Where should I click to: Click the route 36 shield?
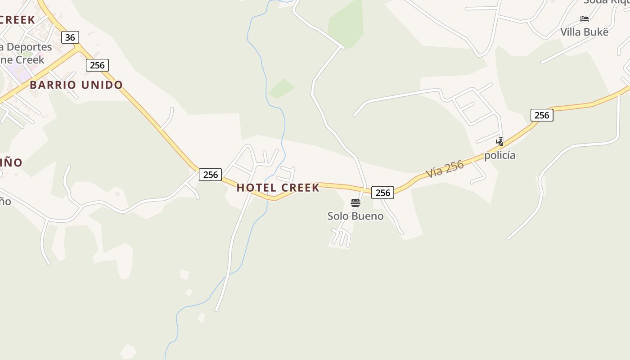point(70,37)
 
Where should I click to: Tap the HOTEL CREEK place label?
point(278,188)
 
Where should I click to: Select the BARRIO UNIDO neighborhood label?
point(76,85)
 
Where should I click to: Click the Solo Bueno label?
point(355,216)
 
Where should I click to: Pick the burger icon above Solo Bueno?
point(355,203)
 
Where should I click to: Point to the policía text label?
point(499,155)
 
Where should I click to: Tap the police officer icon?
point(499,142)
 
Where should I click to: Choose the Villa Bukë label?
point(584,32)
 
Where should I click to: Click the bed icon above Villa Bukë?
point(585,19)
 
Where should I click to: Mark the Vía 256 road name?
point(445,169)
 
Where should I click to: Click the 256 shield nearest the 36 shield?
point(97,65)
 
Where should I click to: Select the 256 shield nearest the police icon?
point(542,115)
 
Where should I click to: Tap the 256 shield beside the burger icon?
point(382,193)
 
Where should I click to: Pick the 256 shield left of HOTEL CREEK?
point(210,175)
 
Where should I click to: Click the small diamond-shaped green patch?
point(282,88)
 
